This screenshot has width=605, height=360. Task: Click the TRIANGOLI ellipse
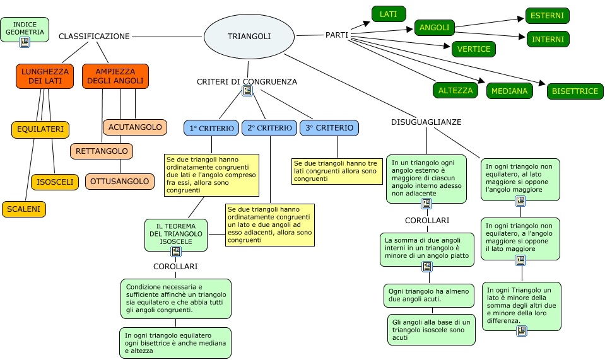249,37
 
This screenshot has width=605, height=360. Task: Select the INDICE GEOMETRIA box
25,28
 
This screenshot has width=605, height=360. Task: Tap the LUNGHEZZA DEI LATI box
45,76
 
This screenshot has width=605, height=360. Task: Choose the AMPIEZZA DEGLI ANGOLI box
115,76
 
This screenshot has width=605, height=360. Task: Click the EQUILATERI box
40,129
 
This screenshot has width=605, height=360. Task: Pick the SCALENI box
25,209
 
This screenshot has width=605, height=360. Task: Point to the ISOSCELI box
55,182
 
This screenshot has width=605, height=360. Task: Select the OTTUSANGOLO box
120,182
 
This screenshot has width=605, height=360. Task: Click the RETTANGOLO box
102,151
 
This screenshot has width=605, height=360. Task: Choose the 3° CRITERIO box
329,128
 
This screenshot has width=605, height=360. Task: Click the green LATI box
389,13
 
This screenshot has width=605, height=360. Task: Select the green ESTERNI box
548,16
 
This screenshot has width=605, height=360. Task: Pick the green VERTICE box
474,49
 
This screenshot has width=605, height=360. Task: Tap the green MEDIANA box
510,91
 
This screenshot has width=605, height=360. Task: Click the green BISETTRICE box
575,91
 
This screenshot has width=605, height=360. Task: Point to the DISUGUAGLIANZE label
426,122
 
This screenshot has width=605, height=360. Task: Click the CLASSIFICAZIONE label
94,37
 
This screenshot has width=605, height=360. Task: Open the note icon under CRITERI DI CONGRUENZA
247,91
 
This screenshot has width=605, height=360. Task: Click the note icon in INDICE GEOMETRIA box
25,42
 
